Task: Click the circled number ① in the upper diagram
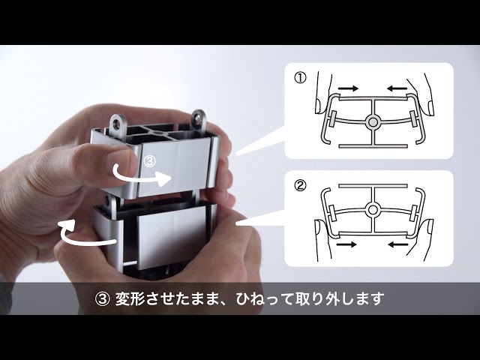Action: click(300, 78)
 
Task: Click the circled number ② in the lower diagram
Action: click(300, 185)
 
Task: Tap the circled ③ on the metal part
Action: click(150, 161)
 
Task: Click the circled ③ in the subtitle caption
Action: click(102, 298)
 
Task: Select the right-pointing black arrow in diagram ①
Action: click(348, 88)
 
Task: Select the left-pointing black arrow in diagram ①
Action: click(397, 88)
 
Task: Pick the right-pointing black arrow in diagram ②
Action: click(346, 244)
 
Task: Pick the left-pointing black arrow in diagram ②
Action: click(398, 244)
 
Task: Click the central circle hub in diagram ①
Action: click(373, 122)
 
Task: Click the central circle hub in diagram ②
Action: click(373, 210)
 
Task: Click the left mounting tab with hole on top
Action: click(117, 123)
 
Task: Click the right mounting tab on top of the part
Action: click(199, 118)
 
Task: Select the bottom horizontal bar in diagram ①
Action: click(373, 146)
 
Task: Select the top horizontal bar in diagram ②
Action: click(373, 186)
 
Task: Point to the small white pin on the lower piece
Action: click(130, 262)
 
